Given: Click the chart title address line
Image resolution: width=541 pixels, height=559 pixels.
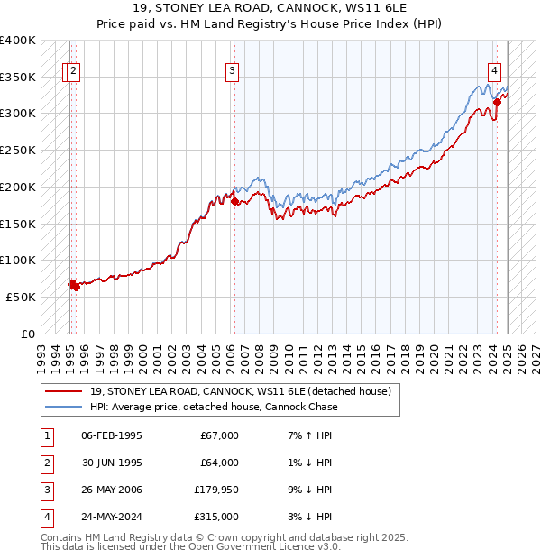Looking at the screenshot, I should (270, 9).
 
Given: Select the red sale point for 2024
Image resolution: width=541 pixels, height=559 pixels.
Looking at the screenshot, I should (497, 103).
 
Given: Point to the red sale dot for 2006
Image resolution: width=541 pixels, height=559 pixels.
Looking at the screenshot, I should (234, 201).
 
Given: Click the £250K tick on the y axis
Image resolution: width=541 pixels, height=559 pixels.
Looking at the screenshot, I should (18, 151).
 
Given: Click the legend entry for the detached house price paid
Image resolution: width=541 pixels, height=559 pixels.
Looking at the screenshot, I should (240, 391).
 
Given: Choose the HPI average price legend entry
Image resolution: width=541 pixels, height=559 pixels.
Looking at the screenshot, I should (214, 407).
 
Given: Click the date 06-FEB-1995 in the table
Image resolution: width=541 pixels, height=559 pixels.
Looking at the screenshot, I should (112, 435).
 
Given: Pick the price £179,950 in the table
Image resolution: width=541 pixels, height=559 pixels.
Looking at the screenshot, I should (216, 490).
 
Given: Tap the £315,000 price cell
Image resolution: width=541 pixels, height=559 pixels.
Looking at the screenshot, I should (216, 517).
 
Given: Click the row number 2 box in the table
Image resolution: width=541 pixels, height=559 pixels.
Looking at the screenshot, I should (44, 463).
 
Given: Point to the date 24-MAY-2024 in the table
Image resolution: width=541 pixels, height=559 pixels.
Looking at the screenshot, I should (112, 517).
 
